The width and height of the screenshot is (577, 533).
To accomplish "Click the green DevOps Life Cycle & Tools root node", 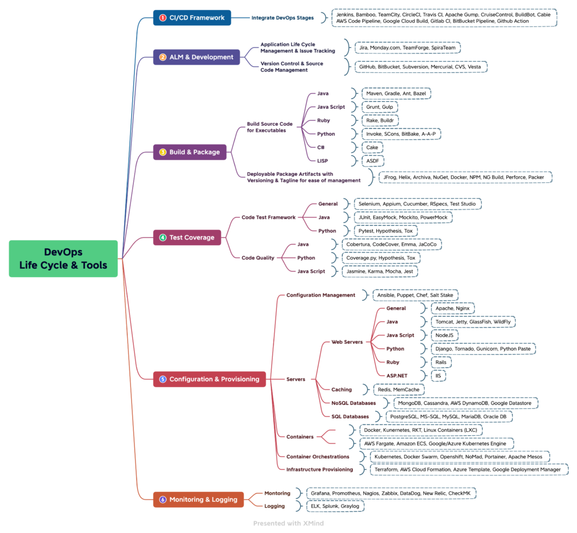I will click(x=63, y=258).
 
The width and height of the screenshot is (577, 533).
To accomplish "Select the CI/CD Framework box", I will click(x=192, y=18).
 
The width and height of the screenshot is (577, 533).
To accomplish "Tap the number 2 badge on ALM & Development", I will click(x=163, y=57).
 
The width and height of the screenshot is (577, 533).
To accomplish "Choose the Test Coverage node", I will click(x=187, y=238).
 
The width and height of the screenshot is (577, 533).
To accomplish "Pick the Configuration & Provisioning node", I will click(x=210, y=379).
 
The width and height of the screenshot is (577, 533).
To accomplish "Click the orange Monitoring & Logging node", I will click(x=198, y=499).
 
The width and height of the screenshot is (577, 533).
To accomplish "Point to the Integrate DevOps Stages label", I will click(x=283, y=18).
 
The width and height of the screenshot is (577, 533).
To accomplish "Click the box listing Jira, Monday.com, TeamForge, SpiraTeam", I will click(x=407, y=47).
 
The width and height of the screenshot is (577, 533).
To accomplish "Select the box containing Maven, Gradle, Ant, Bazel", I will click(x=396, y=94).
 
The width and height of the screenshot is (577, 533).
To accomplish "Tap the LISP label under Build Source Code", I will click(x=323, y=160).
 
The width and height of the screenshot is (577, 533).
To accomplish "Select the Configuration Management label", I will click(x=321, y=295).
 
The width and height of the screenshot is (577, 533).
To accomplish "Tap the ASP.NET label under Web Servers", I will click(x=397, y=375).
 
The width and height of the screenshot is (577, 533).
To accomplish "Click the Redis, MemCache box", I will click(x=399, y=389).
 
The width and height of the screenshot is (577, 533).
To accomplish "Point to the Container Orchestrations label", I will click(x=317, y=457).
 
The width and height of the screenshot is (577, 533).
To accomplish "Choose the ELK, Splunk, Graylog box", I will click(x=334, y=506).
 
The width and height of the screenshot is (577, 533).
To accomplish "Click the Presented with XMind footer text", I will click(x=288, y=523).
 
